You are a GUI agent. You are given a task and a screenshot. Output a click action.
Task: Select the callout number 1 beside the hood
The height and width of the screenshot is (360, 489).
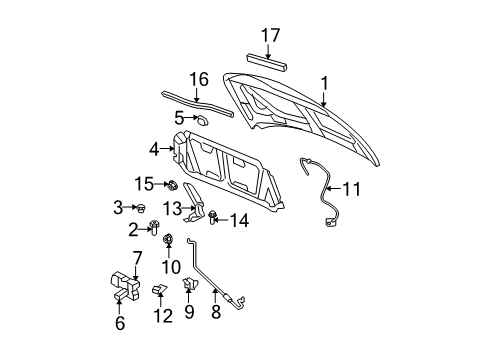[x=322, y=84]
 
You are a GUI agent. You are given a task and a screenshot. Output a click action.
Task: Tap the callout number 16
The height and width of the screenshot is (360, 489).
[x=200, y=80]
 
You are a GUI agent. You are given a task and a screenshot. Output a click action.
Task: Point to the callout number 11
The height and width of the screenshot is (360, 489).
[x=350, y=187]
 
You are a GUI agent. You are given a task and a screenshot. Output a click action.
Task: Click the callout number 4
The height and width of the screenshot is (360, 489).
[x=154, y=149]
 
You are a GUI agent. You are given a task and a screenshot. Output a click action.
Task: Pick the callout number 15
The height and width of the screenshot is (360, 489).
[x=146, y=183]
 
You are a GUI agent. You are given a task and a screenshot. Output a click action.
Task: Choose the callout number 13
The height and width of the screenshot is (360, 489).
[x=173, y=207]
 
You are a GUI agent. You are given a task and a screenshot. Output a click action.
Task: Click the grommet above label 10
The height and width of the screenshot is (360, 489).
[x=168, y=240]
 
